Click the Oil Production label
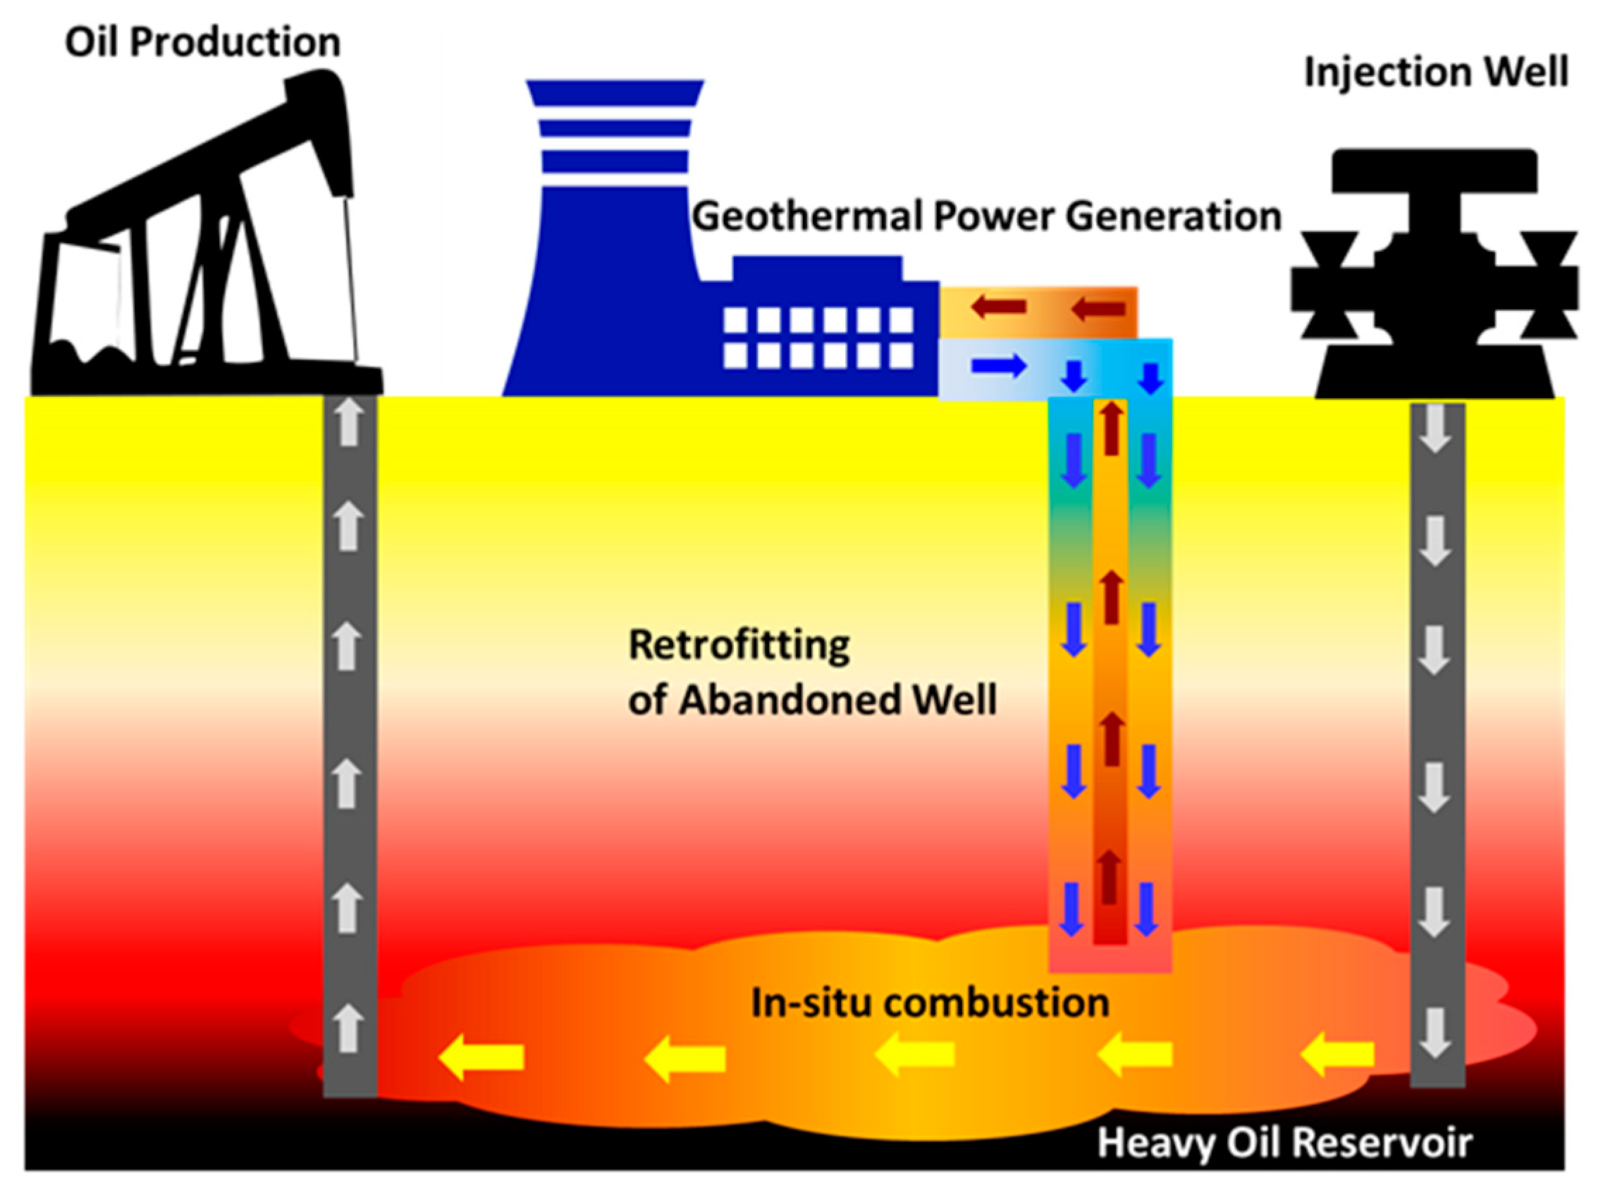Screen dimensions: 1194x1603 (x=202, y=42)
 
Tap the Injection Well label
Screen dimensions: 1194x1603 (x=1435, y=73)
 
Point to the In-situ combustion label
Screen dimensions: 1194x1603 (x=930, y=1003)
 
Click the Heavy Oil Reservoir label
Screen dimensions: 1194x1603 (x=1285, y=1143)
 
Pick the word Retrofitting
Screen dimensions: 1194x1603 (x=739, y=645)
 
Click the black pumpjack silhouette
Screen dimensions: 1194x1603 (x=209, y=238)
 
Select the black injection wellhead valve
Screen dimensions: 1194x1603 (x=1435, y=275)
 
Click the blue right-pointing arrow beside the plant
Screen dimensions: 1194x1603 (x=998, y=366)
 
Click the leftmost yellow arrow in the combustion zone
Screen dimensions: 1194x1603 (x=481, y=1058)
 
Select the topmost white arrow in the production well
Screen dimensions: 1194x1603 (x=350, y=423)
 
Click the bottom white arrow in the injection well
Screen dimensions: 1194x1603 (x=1435, y=1033)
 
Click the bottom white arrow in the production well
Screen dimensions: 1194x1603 (x=349, y=1026)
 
